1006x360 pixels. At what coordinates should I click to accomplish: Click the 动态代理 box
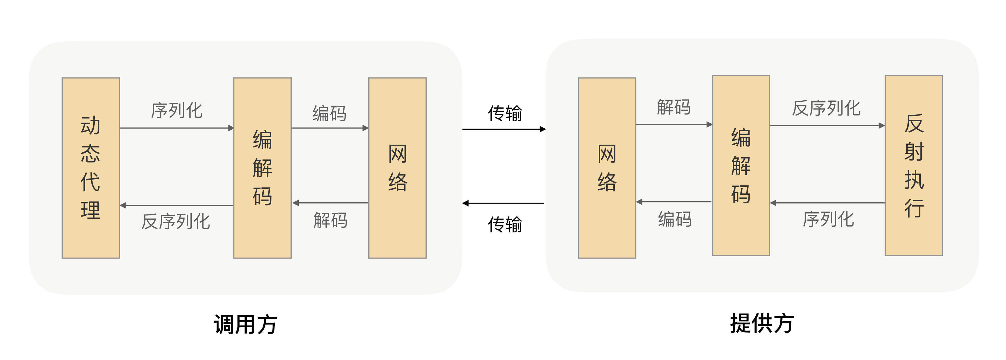coord(91,168)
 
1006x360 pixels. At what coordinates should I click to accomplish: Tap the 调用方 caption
coord(245,324)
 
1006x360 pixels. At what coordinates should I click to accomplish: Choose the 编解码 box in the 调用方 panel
coord(262,168)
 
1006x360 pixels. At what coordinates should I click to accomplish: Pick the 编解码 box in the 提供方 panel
coord(741,165)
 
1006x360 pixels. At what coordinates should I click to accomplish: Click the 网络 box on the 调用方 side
coord(397,168)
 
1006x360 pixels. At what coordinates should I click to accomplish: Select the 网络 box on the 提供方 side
coord(607,168)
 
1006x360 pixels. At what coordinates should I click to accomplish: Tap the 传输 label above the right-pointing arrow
coord(505,113)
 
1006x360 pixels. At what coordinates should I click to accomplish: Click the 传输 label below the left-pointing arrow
coord(505,225)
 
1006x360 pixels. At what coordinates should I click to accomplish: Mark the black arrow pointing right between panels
coord(504,129)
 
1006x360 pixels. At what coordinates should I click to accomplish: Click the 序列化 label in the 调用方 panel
coord(177,111)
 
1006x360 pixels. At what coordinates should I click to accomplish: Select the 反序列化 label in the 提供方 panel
coord(826,108)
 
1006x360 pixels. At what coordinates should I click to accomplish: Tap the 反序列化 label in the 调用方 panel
coord(176,221)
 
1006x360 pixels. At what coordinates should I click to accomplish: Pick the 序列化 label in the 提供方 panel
coord(828,219)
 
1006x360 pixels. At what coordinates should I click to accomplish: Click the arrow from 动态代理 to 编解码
coord(177,128)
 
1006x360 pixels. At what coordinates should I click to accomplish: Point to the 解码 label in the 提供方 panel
coord(674,107)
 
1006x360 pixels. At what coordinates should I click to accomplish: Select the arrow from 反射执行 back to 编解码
coord(827,203)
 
